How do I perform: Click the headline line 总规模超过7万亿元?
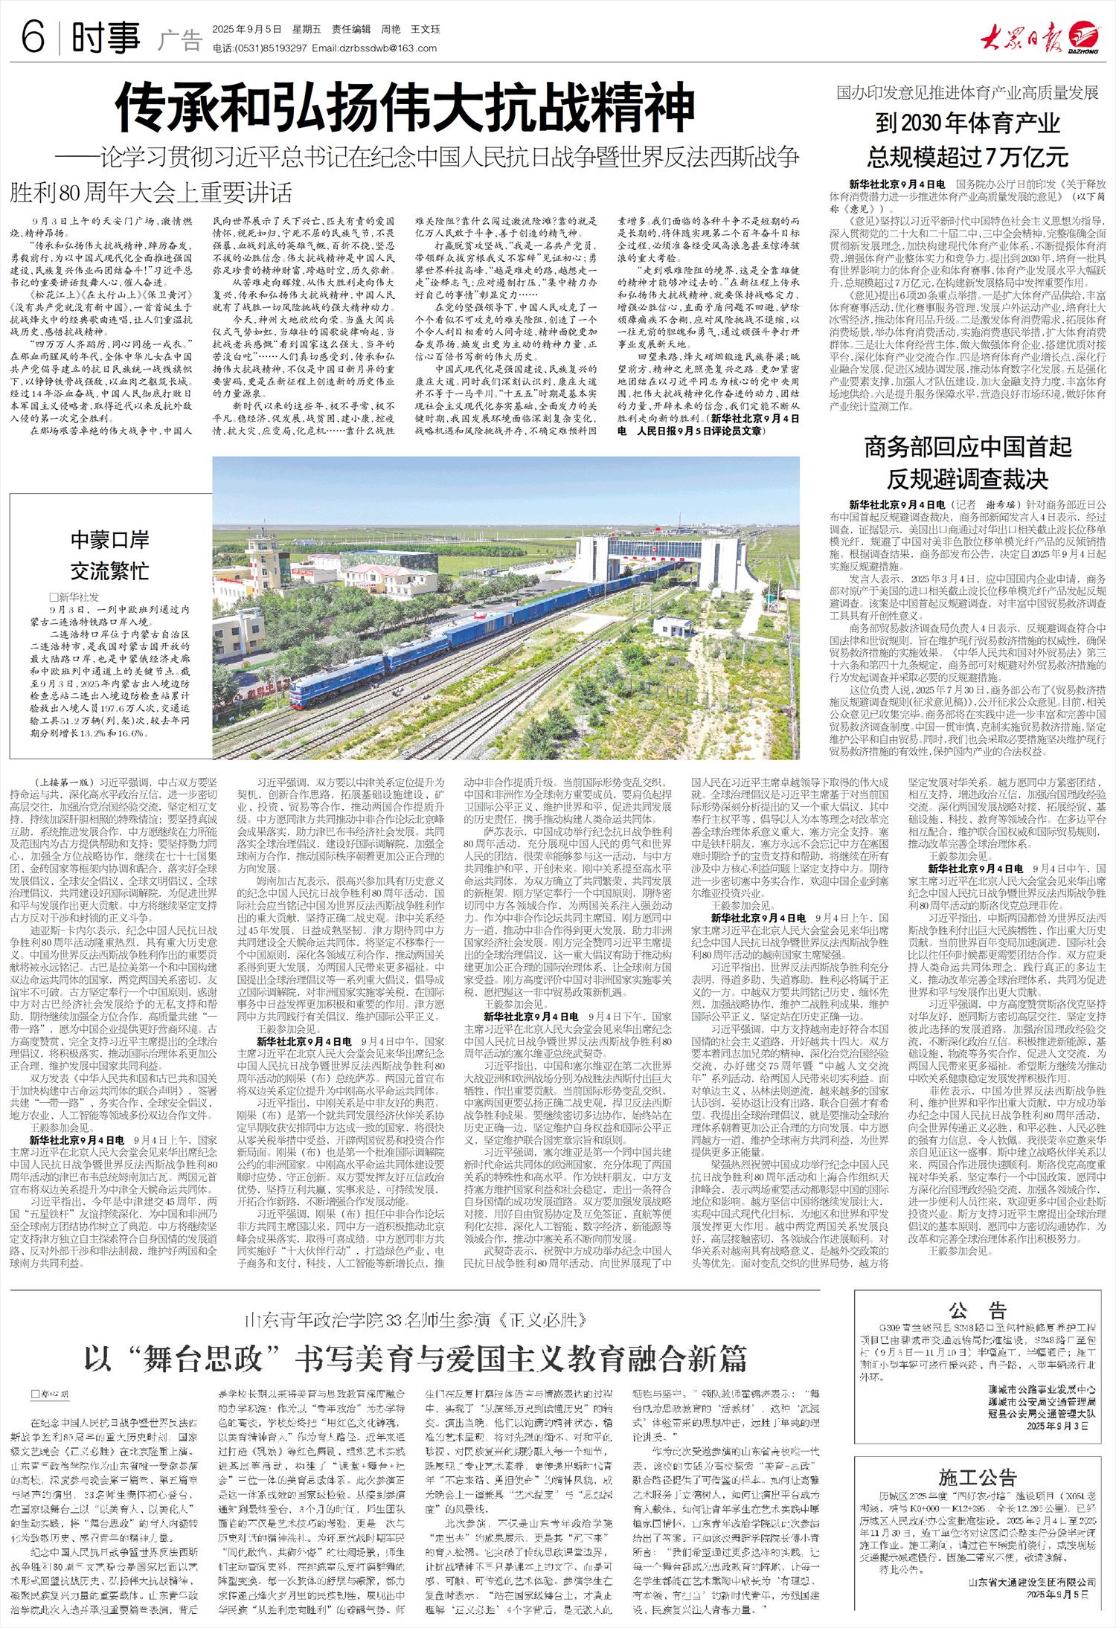click(x=967, y=156)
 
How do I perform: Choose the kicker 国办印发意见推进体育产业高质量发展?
click(x=967, y=94)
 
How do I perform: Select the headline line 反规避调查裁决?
click(x=967, y=477)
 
